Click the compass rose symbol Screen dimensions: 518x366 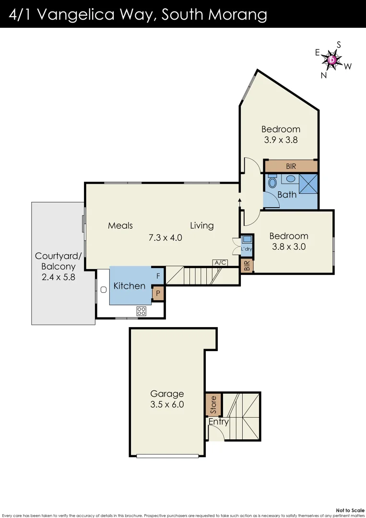click(x=332, y=59)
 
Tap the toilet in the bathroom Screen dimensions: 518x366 click(x=272, y=182)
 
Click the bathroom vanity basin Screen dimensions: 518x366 click(x=290, y=179)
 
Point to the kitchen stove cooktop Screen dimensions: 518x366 click(x=141, y=310)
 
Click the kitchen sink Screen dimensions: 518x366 click(x=103, y=290)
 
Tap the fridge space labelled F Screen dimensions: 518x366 click(x=158, y=276)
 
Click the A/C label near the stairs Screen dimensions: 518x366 click(x=220, y=262)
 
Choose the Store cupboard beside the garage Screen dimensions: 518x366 click(x=213, y=405)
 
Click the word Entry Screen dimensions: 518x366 click(x=218, y=422)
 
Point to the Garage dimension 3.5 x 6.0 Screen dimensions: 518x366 click(x=167, y=404)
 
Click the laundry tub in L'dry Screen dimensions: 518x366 click(x=247, y=239)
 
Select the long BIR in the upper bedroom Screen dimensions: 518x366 click(x=291, y=166)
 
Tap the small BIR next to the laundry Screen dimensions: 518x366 click(x=247, y=266)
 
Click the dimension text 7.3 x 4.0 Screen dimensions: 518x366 click(x=165, y=237)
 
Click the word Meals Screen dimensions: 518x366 click(x=120, y=225)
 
